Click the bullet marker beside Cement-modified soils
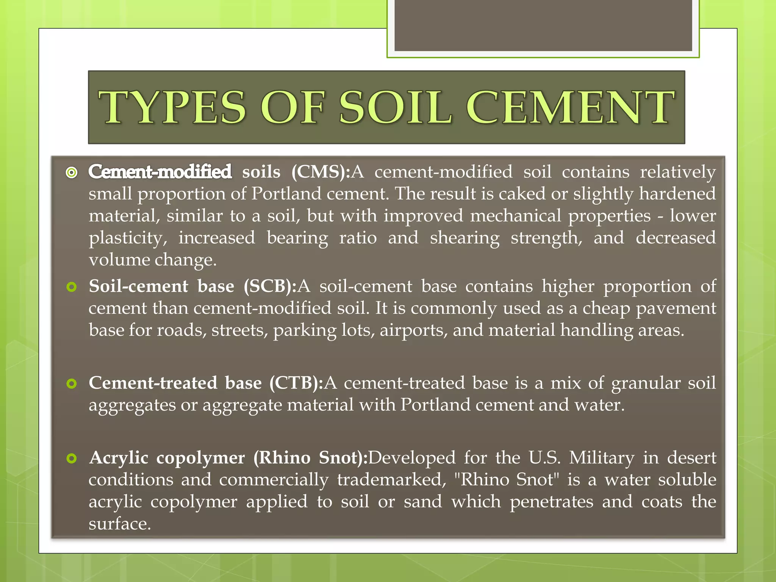tap(71, 173)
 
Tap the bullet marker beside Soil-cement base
tap(71, 287)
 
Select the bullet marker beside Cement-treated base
tap(71, 384)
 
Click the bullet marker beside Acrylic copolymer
tap(71, 458)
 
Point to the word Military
tap(601, 458)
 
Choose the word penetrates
tap(551, 502)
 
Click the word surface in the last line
tap(120, 524)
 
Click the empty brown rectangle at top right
tap(543, 25)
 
